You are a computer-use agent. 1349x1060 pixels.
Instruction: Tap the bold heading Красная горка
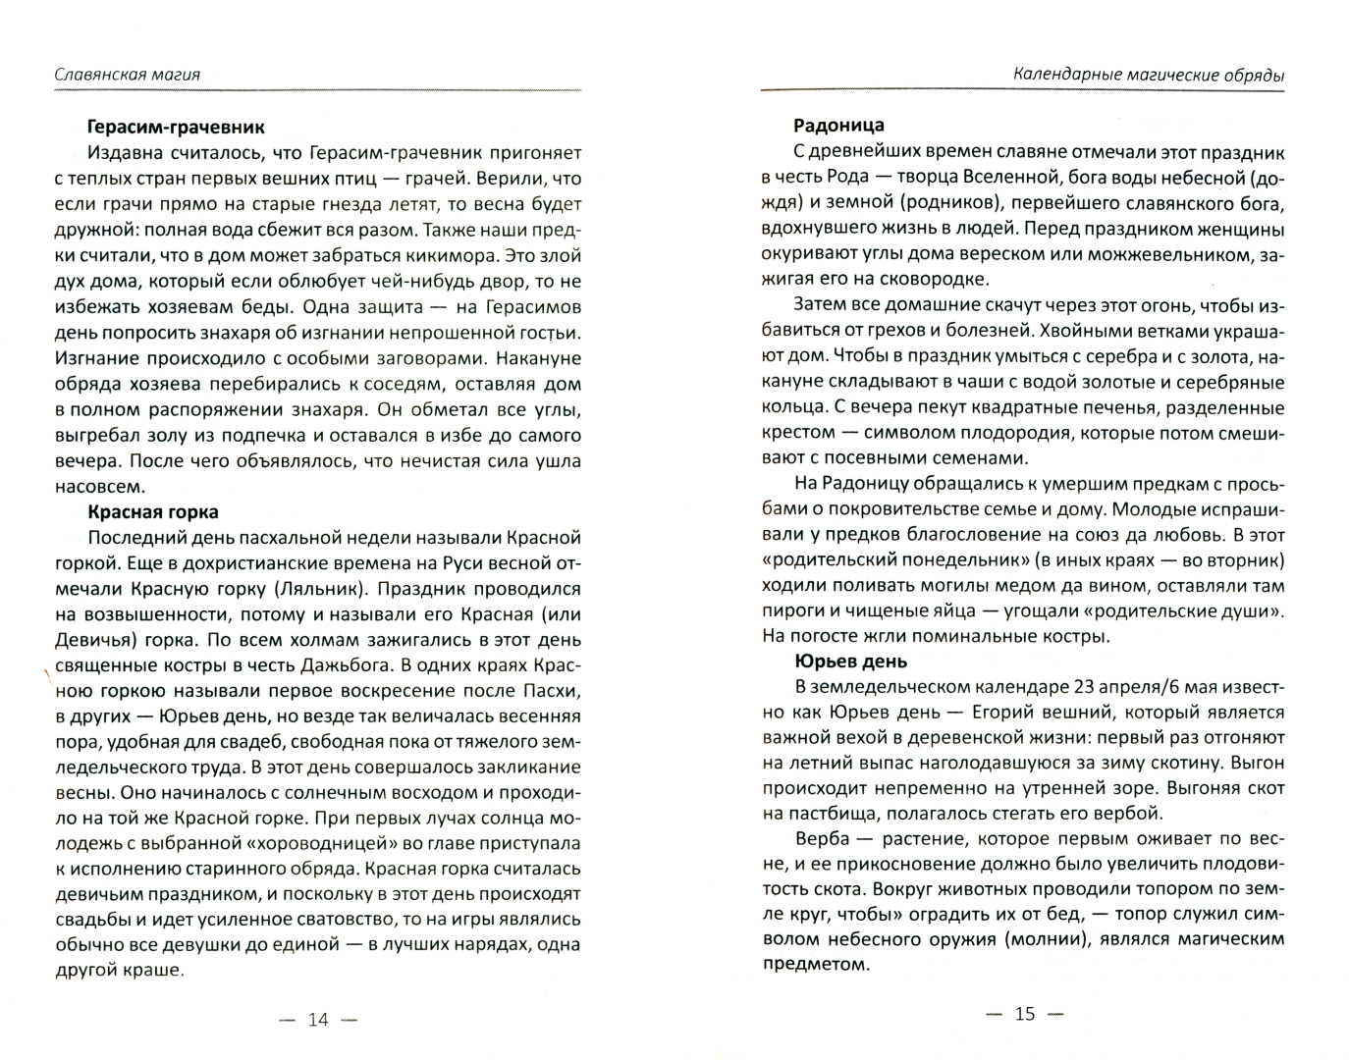pos(152,512)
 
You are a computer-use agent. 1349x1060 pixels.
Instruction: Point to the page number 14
pos(318,1020)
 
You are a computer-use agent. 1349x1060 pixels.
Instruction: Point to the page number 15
pos(1025,1014)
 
